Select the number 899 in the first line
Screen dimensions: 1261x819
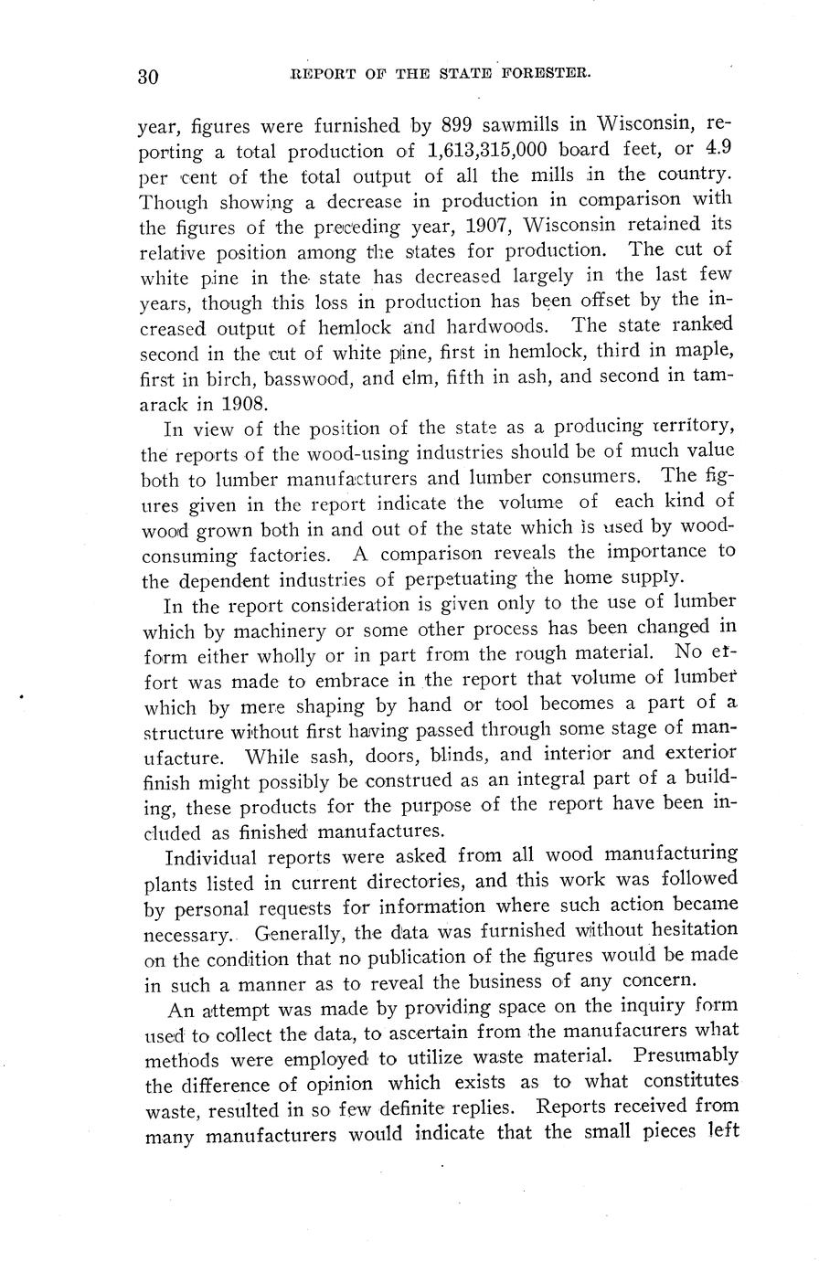tap(463, 124)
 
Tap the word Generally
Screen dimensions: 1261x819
tap(300, 934)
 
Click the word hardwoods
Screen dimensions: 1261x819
tap(488, 326)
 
